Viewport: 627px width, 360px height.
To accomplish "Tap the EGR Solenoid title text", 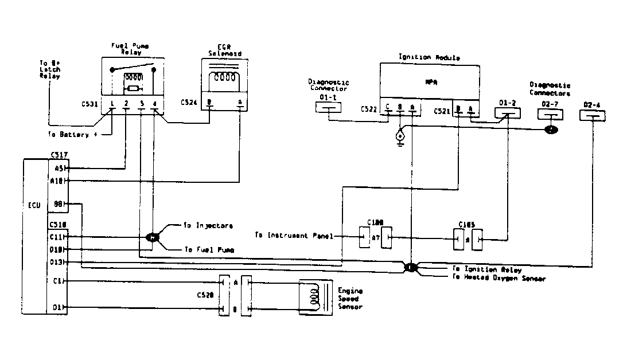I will click(x=224, y=50).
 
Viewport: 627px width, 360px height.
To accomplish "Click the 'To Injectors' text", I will click(x=208, y=226).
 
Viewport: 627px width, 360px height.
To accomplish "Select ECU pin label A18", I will click(x=57, y=181).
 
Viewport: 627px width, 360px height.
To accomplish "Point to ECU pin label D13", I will click(x=57, y=263).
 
